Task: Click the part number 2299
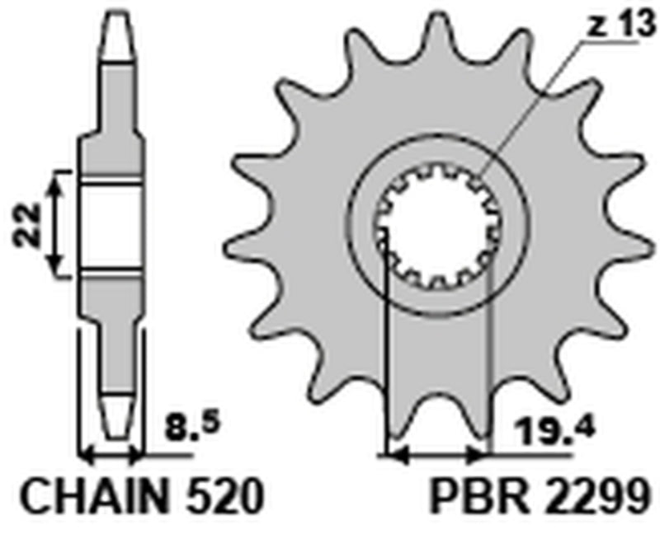click(593, 498)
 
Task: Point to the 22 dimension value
click(28, 222)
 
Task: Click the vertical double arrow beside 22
click(55, 222)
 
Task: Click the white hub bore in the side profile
click(114, 222)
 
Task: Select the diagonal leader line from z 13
click(536, 107)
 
